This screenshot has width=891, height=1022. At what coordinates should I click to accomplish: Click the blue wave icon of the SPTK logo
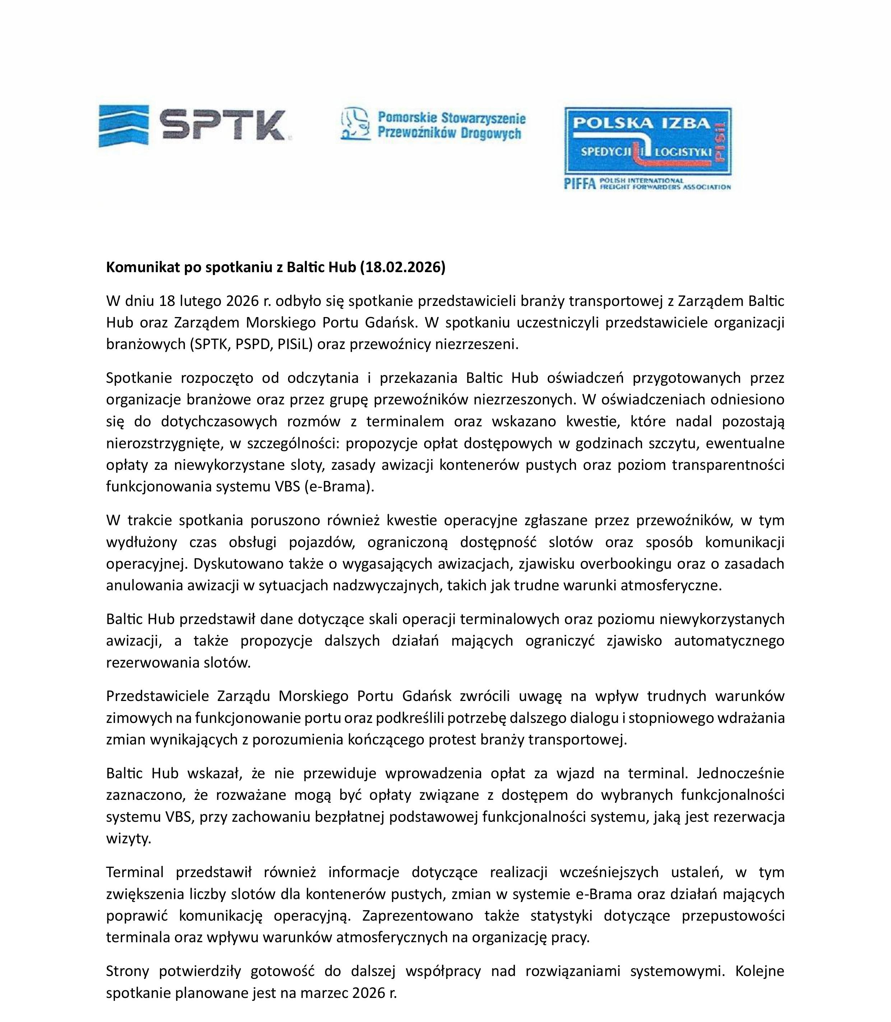coord(123,125)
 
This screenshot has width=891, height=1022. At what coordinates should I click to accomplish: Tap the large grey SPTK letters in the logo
coord(223,125)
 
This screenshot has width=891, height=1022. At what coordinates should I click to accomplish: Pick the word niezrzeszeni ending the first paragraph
coord(476,344)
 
